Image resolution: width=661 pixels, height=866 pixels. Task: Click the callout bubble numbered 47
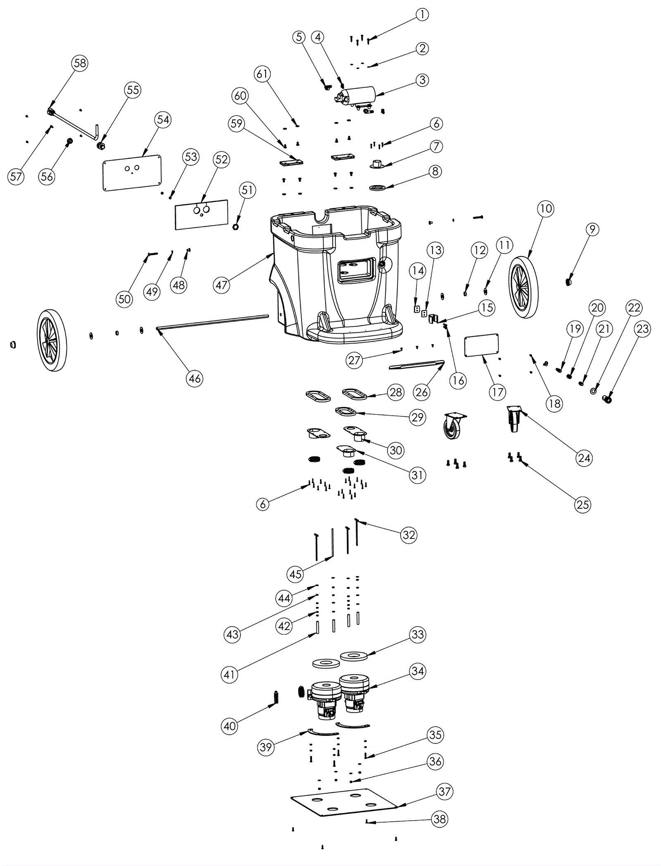coord(221,285)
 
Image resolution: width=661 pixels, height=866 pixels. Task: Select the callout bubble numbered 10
coord(546,208)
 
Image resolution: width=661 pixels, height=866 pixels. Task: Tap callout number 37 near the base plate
coord(445,791)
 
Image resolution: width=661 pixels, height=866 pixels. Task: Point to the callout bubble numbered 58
coord(80,63)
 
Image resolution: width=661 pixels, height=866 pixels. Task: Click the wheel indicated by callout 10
coord(523,287)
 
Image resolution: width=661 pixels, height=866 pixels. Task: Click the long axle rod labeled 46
coord(212,322)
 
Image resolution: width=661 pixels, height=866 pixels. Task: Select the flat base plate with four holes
coord(344,802)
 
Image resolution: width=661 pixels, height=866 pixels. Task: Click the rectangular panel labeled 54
coord(132,172)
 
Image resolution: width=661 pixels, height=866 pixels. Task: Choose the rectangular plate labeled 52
coord(202,215)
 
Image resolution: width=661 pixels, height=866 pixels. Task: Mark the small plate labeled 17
coord(481,345)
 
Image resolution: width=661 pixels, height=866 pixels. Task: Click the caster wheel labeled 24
coord(514,419)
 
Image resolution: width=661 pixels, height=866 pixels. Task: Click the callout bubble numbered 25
coord(583,505)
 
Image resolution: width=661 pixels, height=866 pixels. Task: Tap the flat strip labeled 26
coord(417,365)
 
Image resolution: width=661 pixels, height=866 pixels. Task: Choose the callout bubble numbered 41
coord(229,675)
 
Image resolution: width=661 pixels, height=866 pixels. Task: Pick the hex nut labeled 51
coord(235,227)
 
